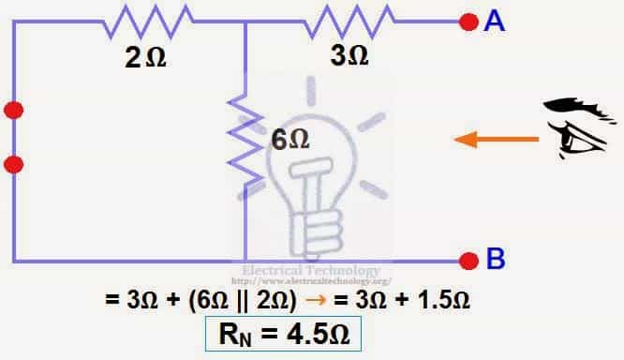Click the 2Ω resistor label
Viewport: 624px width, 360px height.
[145, 58]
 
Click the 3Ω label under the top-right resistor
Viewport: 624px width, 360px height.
[349, 56]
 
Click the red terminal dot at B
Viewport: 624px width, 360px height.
[469, 260]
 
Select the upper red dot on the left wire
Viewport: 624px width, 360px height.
[13, 111]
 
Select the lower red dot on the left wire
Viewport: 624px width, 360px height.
[13, 164]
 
